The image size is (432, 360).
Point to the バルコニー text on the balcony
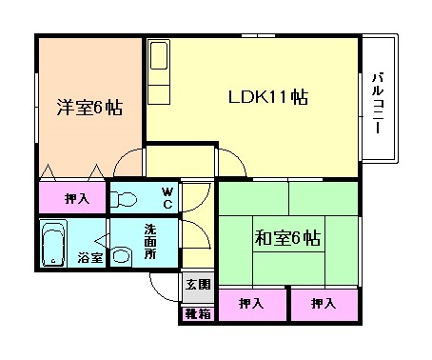(378, 103)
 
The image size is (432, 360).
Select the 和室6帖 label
(285, 238)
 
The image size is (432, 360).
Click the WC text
(166, 198)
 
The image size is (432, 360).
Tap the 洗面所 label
(150, 243)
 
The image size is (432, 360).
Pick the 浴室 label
(90, 257)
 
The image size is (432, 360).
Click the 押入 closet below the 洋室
(78, 199)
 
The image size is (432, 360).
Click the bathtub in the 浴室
(54, 244)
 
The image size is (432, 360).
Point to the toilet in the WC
(125, 199)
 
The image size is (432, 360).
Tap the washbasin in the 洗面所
(122, 255)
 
